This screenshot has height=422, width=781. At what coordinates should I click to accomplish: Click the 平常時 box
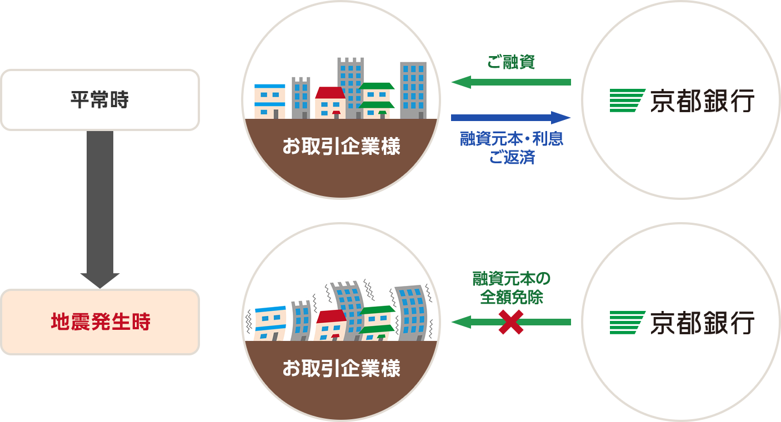(x=100, y=100)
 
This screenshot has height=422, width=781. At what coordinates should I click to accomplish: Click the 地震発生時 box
(x=100, y=322)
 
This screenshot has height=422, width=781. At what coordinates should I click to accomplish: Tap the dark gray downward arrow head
(x=100, y=280)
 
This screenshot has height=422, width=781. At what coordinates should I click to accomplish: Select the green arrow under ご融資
(x=511, y=82)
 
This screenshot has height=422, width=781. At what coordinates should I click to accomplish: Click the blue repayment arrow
(x=511, y=118)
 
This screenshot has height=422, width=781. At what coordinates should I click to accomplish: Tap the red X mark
(x=511, y=323)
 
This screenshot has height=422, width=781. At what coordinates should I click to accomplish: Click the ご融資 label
(x=511, y=62)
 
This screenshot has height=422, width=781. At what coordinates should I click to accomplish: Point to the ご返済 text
(x=512, y=157)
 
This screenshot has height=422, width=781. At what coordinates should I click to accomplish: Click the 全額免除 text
(x=512, y=297)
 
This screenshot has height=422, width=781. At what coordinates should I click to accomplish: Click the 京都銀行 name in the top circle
(x=702, y=101)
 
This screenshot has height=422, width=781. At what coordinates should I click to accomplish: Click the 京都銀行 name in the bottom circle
(x=702, y=323)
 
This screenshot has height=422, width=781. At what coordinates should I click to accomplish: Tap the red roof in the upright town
(x=330, y=93)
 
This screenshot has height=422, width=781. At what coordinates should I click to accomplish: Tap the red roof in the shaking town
(x=331, y=316)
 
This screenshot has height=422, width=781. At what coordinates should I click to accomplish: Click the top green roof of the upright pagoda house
(x=377, y=86)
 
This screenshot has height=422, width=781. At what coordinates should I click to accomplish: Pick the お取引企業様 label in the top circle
(x=341, y=146)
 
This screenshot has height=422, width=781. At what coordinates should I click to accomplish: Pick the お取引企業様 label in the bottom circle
(x=341, y=368)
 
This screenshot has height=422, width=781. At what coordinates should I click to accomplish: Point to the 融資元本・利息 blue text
(x=512, y=139)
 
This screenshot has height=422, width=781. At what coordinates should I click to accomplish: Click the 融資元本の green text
(x=512, y=278)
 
